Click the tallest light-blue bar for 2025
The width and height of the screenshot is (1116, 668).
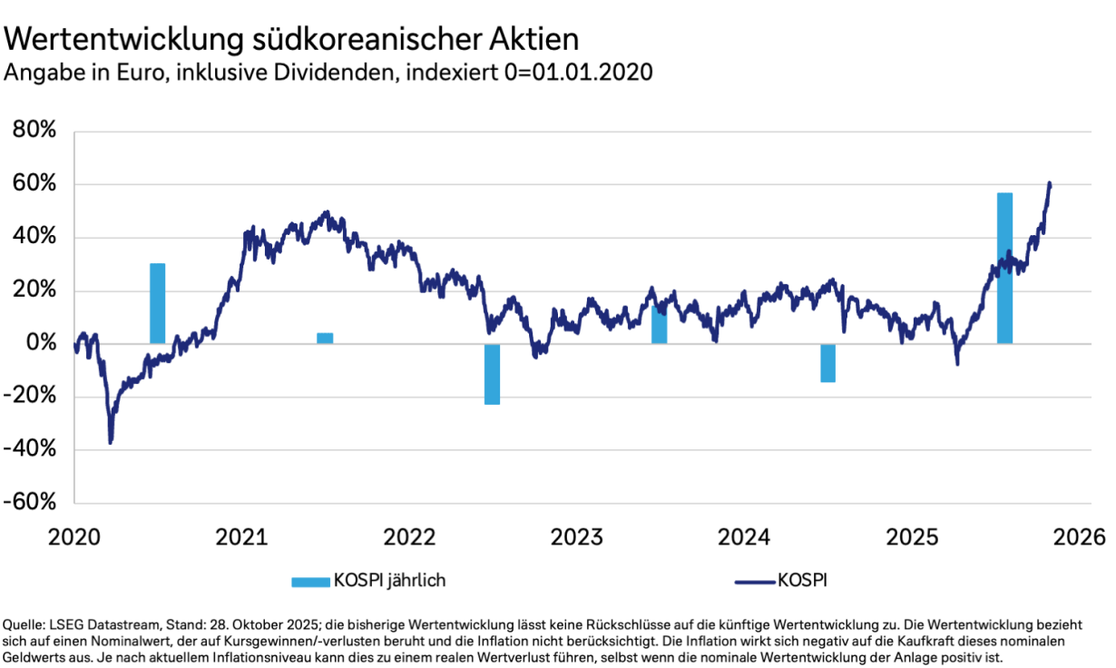click(x=1004, y=268)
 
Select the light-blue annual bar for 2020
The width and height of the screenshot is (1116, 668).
click(x=158, y=303)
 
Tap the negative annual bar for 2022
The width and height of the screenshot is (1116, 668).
click(x=492, y=374)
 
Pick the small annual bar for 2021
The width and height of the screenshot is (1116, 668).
click(x=325, y=338)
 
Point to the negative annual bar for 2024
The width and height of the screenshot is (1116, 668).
click(x=827, y=363)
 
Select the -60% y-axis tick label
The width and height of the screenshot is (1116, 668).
click(x=31, y=503)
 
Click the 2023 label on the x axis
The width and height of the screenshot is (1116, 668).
click(x=577, y=536)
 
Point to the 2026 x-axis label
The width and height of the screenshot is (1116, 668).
click(x=1080, y=536)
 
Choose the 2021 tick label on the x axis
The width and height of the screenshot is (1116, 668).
click(x=242, y=536)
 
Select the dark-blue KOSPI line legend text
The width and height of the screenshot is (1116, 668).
click(x=802, y=580)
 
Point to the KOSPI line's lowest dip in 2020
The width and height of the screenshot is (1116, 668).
click(x=110, y=442)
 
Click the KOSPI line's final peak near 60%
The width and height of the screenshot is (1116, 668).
click(x=1050, y=183)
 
